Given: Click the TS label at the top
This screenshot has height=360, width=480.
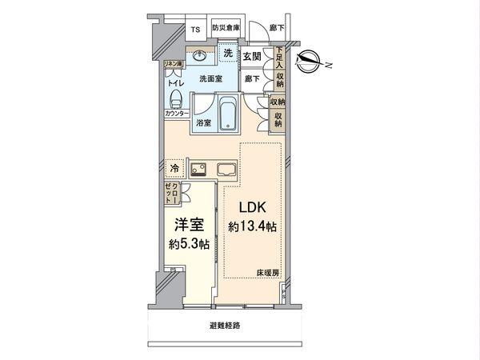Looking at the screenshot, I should coord(195,30).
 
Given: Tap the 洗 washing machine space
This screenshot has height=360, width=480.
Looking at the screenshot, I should coord(228,54).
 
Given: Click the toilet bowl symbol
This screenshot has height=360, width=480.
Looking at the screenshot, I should coord(178,101).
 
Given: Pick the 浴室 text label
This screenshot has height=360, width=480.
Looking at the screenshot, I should coord(203,123).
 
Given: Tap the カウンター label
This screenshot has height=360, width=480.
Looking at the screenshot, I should coord(177,114).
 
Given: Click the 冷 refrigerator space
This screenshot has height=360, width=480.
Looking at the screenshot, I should coord(174,168).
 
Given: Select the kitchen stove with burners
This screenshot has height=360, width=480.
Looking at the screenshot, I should coord(198,169).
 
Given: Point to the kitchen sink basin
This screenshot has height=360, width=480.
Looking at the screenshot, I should coord(226,169).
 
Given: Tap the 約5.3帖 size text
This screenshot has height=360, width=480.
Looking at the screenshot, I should coord(189,243).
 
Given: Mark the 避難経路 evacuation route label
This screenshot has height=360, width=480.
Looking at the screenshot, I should coord(225,326).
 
